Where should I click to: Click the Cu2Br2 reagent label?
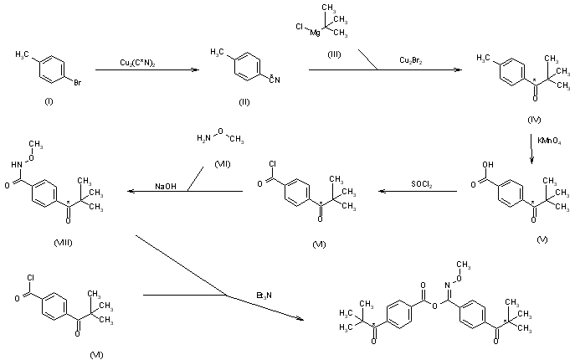[x=410, y=59]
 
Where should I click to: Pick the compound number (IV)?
[x=536, y=120]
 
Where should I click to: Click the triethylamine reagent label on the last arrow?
[x=264, y=294]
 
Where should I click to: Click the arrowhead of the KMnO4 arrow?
[x=533, y=157]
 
